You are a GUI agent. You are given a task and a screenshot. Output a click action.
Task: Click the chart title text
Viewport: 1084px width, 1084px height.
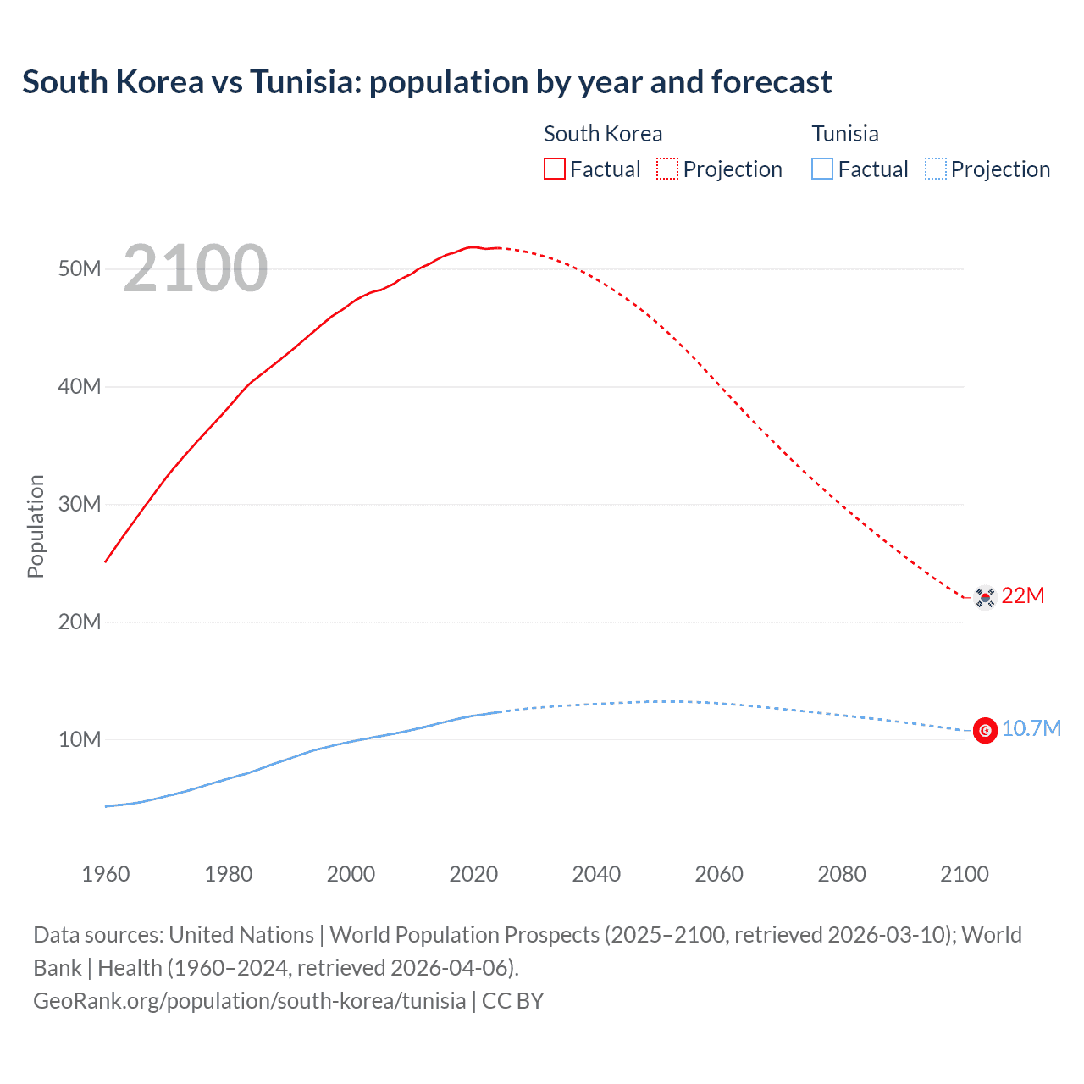click(427, 82)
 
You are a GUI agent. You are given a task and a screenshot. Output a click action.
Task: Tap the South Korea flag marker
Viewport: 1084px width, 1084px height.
click(985, 597)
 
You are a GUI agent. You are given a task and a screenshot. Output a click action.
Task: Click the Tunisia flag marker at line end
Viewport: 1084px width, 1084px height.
click(985, 730)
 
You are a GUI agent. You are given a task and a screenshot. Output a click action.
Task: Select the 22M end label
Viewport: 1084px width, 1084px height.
click(1022, 595)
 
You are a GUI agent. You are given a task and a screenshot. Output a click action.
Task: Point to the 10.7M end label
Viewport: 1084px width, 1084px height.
click(1031, 728)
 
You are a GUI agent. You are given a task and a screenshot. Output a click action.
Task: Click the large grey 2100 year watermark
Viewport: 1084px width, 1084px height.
click(196, 268)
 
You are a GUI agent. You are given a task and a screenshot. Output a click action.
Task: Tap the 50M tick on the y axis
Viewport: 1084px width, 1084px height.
click(80, 268)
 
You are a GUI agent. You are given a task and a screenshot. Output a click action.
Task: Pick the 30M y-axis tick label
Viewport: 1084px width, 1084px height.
click(80, 504)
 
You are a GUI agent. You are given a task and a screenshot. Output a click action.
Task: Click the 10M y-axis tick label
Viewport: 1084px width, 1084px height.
click(80, 739)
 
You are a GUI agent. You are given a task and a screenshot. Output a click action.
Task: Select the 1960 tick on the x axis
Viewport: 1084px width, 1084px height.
click(106, 874)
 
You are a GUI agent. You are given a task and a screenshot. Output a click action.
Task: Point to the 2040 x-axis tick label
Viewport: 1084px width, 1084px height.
click(596, 874)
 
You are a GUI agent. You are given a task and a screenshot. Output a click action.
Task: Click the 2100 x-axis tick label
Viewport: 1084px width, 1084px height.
click(964, 874)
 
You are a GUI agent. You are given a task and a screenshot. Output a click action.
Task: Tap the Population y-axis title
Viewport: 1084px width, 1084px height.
click(36, 526)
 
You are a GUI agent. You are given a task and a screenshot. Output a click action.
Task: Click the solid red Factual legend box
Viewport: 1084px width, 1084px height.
click(554, 169)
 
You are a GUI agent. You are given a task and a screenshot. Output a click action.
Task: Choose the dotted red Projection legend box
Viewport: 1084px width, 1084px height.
click(667, 169)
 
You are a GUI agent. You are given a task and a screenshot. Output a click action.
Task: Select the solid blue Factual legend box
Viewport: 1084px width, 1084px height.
click(822, 169)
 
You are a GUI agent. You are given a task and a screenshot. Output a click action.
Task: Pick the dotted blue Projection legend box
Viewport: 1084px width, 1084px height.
click(936, 169)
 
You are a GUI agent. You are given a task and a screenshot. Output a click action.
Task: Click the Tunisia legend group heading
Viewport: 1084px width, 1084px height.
click(845, 134)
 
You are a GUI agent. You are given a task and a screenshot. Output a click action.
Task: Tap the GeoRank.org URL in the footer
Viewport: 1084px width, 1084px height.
click(249, 1000)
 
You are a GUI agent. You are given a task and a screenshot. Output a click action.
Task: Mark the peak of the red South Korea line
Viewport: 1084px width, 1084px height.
click(473, 246)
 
